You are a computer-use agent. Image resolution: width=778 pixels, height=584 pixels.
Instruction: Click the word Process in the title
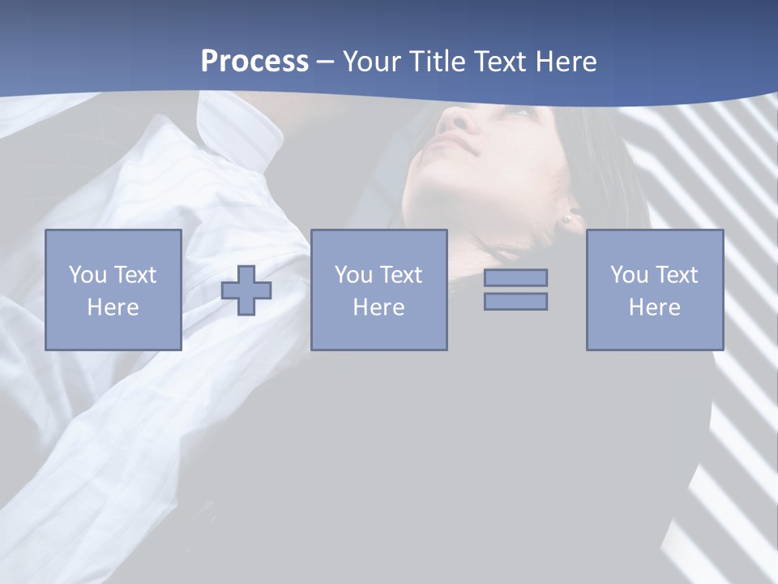[x=254, y=62]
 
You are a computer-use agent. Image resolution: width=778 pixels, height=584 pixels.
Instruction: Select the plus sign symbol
[x=246, y=290]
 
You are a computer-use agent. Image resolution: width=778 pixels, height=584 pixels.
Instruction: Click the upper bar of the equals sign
[x=515, y=277]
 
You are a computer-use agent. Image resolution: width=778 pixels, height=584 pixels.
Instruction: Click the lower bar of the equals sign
[x=515, y=301]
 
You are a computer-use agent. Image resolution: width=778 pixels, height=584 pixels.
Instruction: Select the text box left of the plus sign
[x=113, y=290]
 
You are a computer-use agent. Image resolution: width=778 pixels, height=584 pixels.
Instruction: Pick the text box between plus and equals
[x=378, y=290]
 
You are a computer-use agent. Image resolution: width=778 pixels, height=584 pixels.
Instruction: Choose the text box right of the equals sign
[x=654, y=290]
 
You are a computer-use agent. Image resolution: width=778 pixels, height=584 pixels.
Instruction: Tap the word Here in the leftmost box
[x=113, y=307]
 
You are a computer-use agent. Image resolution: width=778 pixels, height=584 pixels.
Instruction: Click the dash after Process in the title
[x=326, y=62]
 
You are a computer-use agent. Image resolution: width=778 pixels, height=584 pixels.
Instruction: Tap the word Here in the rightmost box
[x=654, y=307]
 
